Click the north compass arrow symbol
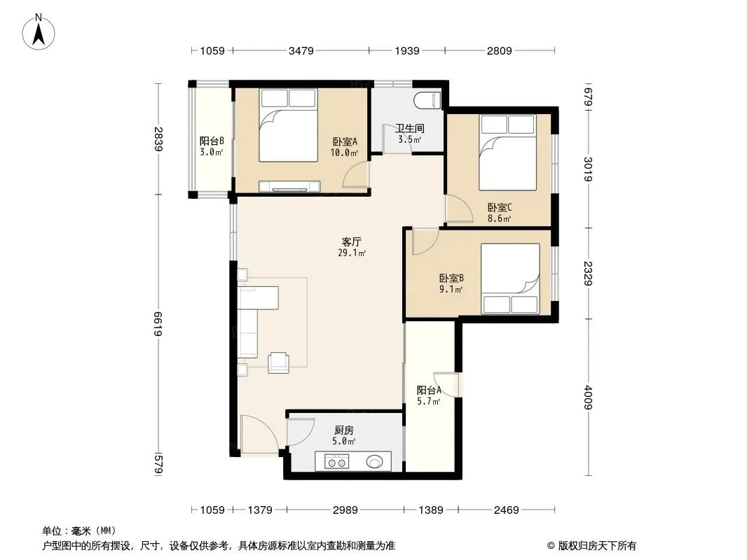[39, 33]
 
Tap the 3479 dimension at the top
[301, 50]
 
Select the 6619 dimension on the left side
[158, 324]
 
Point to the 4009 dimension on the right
[589, 398]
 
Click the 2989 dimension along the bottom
[345, 510]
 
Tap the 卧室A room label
[345, 141]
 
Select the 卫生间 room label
[410, 128]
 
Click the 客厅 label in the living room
[352, 241]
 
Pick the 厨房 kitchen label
[344, 430]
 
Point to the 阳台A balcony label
[429, 390]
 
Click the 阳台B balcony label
[212, 141]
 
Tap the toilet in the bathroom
[428, 101]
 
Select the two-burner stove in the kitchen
[336, 461]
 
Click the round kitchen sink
[374, 461]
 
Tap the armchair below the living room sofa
[278, 363]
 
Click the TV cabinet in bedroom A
[289, 186]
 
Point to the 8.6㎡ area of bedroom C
[499, 219]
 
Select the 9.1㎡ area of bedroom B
[451, 289]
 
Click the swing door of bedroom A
[356, 174]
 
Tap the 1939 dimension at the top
[407, 50]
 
